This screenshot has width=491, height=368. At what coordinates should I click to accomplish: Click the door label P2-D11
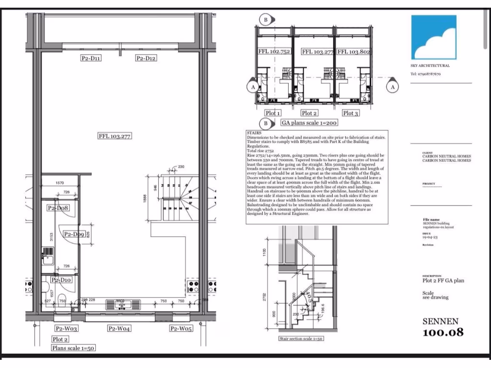click(91, 58)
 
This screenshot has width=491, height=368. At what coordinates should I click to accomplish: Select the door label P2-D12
click(146, 58)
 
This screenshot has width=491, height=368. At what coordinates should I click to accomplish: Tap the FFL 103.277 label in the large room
click(115, 136)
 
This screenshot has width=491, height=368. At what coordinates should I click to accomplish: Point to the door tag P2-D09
click(74, 234)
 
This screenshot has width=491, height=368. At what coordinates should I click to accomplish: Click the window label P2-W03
click(66, 329)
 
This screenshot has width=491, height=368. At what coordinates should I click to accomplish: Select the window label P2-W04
click(119, 329)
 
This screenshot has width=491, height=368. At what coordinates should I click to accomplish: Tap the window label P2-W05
click(181, 329)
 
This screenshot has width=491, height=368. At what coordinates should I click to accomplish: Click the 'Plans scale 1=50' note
click(74, 348)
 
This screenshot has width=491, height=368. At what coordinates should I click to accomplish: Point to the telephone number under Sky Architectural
click(425, 74)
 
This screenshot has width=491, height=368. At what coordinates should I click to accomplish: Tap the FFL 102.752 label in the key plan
click(274, 52)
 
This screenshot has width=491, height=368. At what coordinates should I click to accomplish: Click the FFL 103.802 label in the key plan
click(353, 52)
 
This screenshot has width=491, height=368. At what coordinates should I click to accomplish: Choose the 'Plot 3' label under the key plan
click(350, 113)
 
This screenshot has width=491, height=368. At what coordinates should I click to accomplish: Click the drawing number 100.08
click(443, 332)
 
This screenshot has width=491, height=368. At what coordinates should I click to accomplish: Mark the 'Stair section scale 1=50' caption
click(301, 339)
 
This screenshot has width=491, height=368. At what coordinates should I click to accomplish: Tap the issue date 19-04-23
click(430, 237)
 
